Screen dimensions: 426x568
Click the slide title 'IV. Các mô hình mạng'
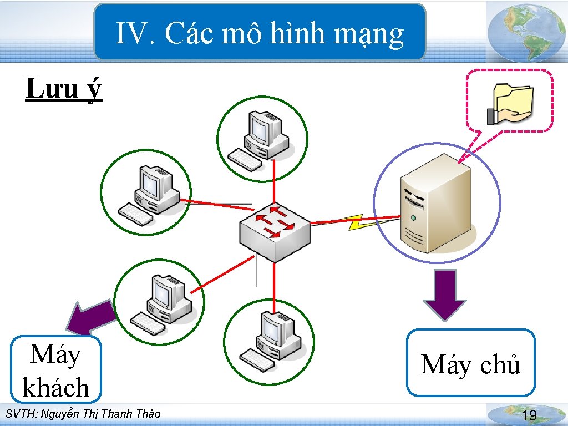click(x=260, y=34)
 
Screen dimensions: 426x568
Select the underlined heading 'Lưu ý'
click(x=64, y=89)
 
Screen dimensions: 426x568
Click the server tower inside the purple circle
click(x=437, y=204)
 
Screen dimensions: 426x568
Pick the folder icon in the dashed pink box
click(x=510, y=103)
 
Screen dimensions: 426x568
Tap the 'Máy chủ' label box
click(x=471, y=364)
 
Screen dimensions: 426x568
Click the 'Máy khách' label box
click(x=56, y=370)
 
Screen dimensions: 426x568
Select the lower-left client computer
click(x=161, y=303)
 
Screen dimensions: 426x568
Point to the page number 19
click(x=530, y=415)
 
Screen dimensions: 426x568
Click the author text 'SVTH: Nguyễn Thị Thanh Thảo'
click(x=82, y=414)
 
